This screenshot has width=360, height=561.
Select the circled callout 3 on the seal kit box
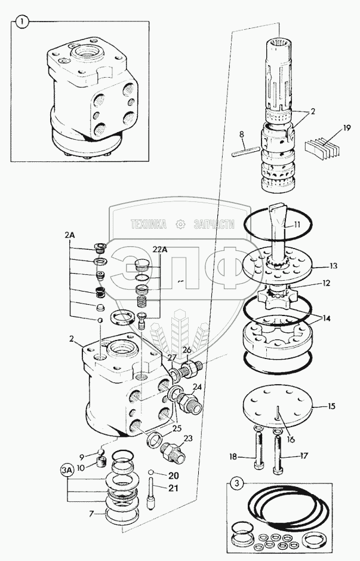pyautogui.click(x=236, y=484)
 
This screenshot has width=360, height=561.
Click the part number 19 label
pyautogui.click(x=346, y=128)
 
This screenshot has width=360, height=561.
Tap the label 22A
pyautogui.click(x=160, y=250)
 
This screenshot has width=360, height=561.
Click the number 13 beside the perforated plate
pyautogui.click(x=333, y=266)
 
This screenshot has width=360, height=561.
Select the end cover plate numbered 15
pyautogui.click(x=278, y=407)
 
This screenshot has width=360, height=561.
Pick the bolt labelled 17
pyautogui.click(x=278, y=452)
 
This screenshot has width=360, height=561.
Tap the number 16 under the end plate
pyautogui.click(x=291, y=439)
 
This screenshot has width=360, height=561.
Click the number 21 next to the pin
pyautogui.click(x=173, y=488)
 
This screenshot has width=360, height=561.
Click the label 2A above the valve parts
pyautogui.click(x=69, y=235)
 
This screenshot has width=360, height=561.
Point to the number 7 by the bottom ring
pyautogui.click(x=91, y=514)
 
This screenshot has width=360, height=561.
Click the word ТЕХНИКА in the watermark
pyautogui.click(x=149, y=224)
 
